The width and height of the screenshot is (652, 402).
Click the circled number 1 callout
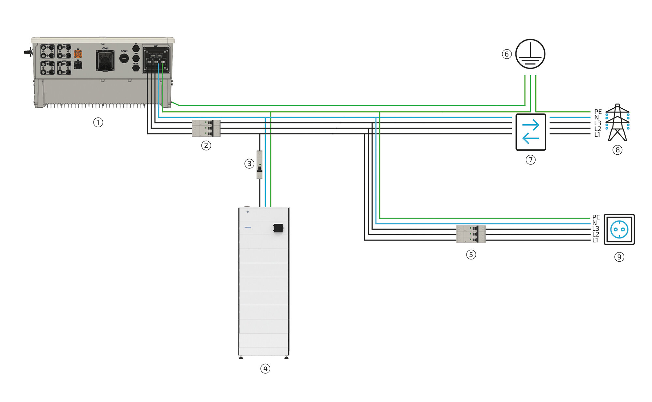click(x=98, y=122)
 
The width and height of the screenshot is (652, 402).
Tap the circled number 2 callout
click(x=206, y=146)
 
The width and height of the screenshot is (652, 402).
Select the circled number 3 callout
click(x=249, y=163)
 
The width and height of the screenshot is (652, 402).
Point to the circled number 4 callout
click(x=265, y=369)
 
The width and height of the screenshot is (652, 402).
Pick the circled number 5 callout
click(x=471, y=255)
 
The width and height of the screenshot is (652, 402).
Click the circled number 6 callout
click(x=506, y=54)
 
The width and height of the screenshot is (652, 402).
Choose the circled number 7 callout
click(x=530, y=160)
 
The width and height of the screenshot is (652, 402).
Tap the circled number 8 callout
click(x=617, y=150)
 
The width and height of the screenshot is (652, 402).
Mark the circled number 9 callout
click(x=619, y=257)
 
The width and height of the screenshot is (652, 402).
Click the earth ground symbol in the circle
click(x=530, y=54)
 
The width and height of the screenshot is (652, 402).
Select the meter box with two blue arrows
click(x=530, y=132)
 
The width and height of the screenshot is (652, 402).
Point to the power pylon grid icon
click(x=617, y=122)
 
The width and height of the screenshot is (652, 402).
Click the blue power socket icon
click(x=619, y=229)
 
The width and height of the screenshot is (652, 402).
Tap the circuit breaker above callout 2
click(x=206, y=128)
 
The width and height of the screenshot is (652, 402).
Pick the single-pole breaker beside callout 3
click(x=259, y=164)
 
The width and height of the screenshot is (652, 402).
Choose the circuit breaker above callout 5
click(x=471, y=234)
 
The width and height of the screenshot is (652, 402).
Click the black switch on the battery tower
click(x=278, y=228)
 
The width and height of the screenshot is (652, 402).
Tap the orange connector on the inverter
click(x=78, y=54)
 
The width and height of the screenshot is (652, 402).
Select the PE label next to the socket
click(x=596, y=217)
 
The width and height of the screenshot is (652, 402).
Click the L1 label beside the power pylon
click(x=597, y=135)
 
